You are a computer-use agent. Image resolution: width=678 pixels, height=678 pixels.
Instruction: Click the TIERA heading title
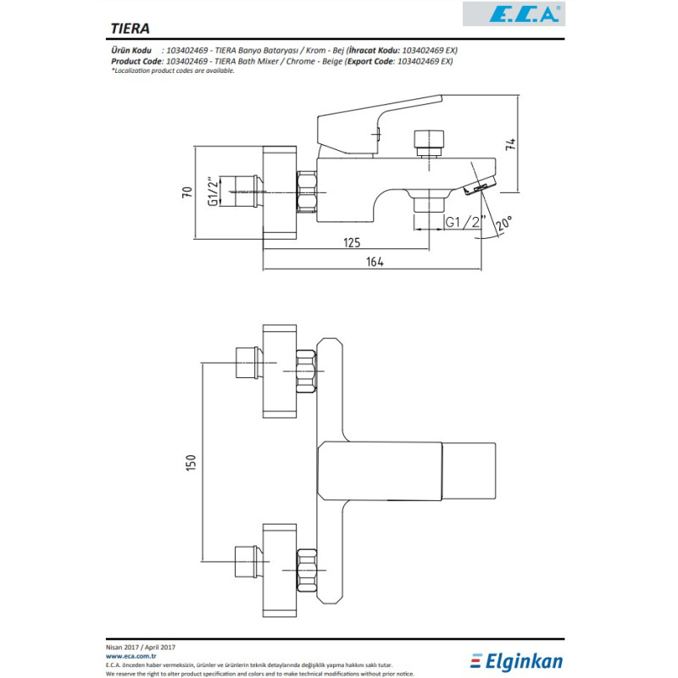tap(131, 29)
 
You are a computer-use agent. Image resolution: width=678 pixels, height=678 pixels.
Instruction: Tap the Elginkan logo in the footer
tap(516, 661)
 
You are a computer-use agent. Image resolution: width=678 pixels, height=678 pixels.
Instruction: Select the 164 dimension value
tap(375, 262)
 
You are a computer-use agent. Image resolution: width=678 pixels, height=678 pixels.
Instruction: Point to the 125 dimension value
tap(352, 242)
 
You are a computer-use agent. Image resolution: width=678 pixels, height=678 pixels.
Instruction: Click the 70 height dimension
tap(186, 192)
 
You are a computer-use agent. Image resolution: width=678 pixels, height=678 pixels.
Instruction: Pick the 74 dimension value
tap(511, 144)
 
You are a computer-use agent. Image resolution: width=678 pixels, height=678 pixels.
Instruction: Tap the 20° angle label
tap(503, 223)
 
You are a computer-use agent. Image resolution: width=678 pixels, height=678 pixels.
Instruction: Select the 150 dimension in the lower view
tap(191, 463)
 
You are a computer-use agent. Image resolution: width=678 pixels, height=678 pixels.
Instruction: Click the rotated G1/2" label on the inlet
tap(213, 191)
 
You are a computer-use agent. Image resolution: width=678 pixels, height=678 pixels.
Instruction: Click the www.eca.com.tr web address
tap(131, 656)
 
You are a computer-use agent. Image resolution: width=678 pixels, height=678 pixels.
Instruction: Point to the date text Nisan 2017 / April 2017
tap(141, 647)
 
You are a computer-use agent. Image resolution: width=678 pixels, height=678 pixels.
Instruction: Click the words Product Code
tap(136, 61)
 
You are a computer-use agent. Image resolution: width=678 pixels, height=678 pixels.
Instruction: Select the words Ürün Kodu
tap(131, 50)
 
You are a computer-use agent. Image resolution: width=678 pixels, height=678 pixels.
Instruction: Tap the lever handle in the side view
tap(380, 124)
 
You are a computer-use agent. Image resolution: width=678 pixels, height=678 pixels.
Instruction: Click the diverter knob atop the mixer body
tap(429, 143)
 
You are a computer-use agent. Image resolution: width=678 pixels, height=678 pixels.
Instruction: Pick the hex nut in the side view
tap(307, 192)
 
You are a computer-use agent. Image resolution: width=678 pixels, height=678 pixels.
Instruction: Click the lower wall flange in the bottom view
tap(280, 570)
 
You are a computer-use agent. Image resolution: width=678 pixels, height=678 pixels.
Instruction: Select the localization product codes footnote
tap(173, 71)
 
